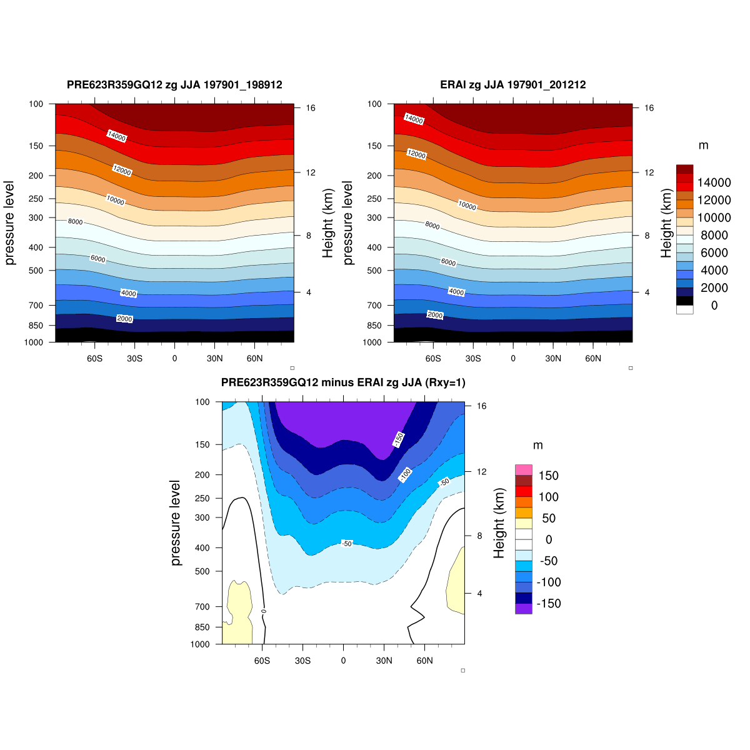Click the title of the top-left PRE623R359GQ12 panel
point(174,85)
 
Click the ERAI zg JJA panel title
point(512,85)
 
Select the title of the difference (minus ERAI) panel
point(343,382)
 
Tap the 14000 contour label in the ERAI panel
point(414,119)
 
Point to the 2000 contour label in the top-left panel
point(125,319)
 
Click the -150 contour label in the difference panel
point(398,439)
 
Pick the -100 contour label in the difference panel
point(405,475)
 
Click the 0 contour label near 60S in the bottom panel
point(264,611)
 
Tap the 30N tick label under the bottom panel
point(384,661)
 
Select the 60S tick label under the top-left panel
point(94,359)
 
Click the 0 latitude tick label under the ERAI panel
point(513,359)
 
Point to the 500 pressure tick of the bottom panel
point(202,571)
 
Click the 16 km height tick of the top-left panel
point(311,108)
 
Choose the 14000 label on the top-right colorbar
point(714,182)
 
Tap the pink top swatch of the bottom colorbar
point(524,470)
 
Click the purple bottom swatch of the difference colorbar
point(524,609)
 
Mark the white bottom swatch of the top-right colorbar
point(685,309)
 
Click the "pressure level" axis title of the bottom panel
point(176,523)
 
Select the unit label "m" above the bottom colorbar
point(538,446)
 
